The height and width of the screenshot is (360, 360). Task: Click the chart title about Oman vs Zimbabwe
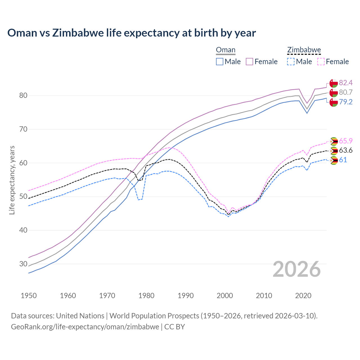coord(132,33)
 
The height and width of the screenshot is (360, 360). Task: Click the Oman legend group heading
coord(226,50)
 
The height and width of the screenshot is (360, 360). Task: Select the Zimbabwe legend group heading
coord(304,50)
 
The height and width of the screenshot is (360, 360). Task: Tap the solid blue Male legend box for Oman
coord(220,62)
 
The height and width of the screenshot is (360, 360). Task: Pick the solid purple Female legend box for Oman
coord(249,62)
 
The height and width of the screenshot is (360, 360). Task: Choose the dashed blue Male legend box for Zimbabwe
coord(291,62)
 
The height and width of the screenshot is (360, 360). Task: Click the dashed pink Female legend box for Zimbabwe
coord(321,62)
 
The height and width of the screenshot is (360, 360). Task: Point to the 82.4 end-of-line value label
coord(346,83)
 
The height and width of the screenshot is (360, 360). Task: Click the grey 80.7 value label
coord(346,92)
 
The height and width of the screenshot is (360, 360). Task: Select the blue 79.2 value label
coord(346,102)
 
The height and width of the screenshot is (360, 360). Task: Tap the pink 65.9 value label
coord(346,141)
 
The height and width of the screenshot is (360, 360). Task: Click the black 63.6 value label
coord(346,150)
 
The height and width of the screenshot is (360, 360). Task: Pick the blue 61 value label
coord(343,160)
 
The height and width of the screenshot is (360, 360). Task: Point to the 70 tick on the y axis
coord(23,129)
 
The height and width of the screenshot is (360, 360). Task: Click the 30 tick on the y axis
coord(23,264)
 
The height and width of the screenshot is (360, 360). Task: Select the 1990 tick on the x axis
coord(186,296)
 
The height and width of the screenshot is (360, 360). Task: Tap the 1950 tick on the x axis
coord(29,296)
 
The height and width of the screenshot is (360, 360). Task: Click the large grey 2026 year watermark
coord(296,269)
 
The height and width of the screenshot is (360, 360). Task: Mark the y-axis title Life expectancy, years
coord(12,180)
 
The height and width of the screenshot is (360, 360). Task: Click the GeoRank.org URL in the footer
coord(85,327)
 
